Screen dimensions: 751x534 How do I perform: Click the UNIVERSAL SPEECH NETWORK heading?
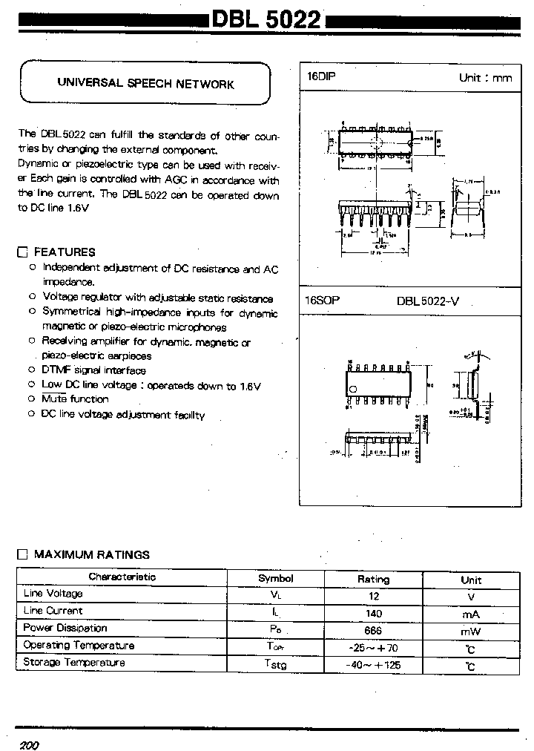[146, 84]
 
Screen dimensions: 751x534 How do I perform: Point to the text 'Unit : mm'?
[485, 78]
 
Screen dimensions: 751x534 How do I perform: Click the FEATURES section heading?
[65, 252]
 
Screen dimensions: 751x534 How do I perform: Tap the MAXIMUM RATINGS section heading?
[92, 554]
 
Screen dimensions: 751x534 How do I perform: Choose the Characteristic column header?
[122, 577]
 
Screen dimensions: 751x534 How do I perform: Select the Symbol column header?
[275, 578]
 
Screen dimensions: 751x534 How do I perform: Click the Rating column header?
[373, 579]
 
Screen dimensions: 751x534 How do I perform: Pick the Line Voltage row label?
[53, 594]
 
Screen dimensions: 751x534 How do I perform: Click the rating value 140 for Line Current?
[373, 614]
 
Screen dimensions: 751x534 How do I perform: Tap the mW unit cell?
[470, 631]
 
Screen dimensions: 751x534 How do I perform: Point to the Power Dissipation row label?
[65, 628]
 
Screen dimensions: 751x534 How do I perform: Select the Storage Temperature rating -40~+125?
[373, 665]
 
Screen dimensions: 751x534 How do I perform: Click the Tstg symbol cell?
[275, 665]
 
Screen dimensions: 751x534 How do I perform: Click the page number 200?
[29, 744]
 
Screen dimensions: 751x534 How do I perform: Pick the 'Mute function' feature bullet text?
[75, 399]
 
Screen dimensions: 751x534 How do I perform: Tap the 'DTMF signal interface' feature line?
[94, 370]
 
